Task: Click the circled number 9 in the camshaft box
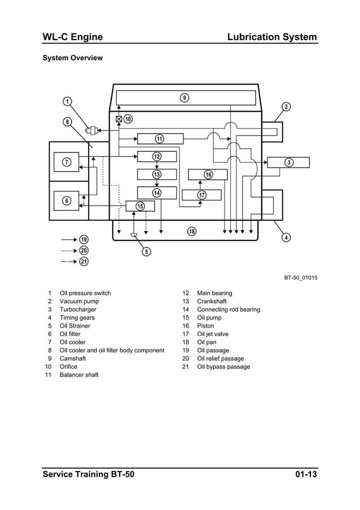point(185,98)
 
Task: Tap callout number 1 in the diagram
point(67,102)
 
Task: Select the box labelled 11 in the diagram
point(160,139)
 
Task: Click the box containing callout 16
point(208,175)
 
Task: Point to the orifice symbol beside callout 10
point(118,119)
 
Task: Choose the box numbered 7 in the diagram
point(67,163)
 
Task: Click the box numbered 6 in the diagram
point(67,200)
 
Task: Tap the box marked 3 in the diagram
point(288,163)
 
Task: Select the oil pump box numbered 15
point(140,206)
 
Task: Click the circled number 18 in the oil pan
point(192,232)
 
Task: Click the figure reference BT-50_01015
point(300,277)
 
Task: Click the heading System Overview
point(73,58)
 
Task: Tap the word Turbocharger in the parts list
point(78,310)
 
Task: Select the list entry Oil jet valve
point(213,334)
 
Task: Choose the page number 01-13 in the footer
point(305,474)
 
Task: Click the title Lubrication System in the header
point(271,37)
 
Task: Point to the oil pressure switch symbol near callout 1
point(91,130)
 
